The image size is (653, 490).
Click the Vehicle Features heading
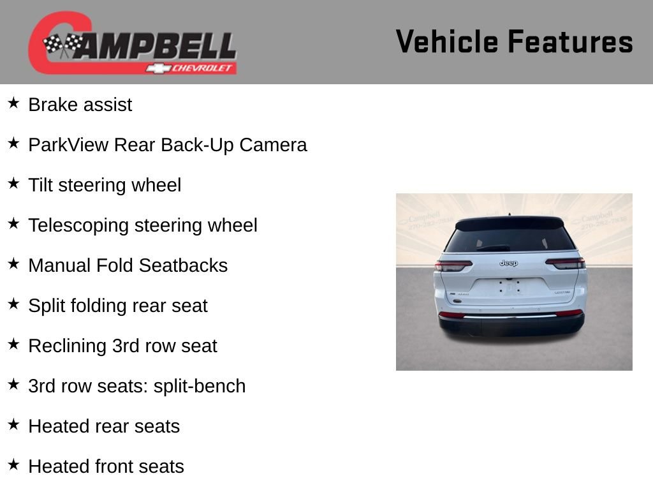[514, 42]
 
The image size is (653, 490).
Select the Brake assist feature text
[80, 105]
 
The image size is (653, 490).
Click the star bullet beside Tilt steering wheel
[13, 184]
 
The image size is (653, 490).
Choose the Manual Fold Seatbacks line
[128, 265]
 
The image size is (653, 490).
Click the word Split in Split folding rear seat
[45, 306]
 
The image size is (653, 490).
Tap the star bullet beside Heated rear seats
[13, 425]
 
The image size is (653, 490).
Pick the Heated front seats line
[106, 466]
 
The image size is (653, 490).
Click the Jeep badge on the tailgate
[508, 263]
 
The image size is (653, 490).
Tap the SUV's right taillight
[565, 263]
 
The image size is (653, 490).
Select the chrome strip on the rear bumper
[510, 315]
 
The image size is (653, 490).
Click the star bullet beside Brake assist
[13, 103]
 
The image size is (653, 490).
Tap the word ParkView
[68, 145]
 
